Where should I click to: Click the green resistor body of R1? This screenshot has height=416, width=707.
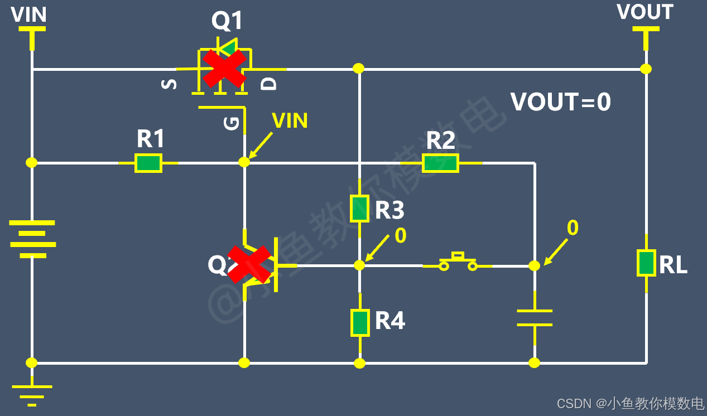(x=148, y=163)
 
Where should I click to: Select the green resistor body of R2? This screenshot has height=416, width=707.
(x=441, y=163)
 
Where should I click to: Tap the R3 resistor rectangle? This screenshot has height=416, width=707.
(x=359, y=209)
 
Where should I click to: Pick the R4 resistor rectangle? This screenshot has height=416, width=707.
(x=360, y=323)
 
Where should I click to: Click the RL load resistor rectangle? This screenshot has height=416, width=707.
(x=646, y=263)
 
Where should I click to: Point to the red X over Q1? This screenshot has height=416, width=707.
(x=224, y=69)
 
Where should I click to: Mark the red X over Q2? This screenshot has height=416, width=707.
(x=249, y=264)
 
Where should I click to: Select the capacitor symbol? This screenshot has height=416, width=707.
(x=535, y=318)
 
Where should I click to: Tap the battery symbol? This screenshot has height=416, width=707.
(x=32, y=239)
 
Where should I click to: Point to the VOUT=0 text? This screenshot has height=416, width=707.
(x=561, y=102)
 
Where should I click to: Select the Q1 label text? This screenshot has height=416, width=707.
(x=227, y=21)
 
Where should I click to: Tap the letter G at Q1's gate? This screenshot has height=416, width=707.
(x=232, y=123)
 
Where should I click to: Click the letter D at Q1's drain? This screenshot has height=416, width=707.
(x=268, y=84)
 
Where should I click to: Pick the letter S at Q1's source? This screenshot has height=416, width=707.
(x=169, y=84)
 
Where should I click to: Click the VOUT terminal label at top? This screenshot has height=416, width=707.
(x=645, y=12)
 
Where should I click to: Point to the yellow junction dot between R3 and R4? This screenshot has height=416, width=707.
(x=359, y=265)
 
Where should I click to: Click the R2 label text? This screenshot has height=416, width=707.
(x=441, y=141)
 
